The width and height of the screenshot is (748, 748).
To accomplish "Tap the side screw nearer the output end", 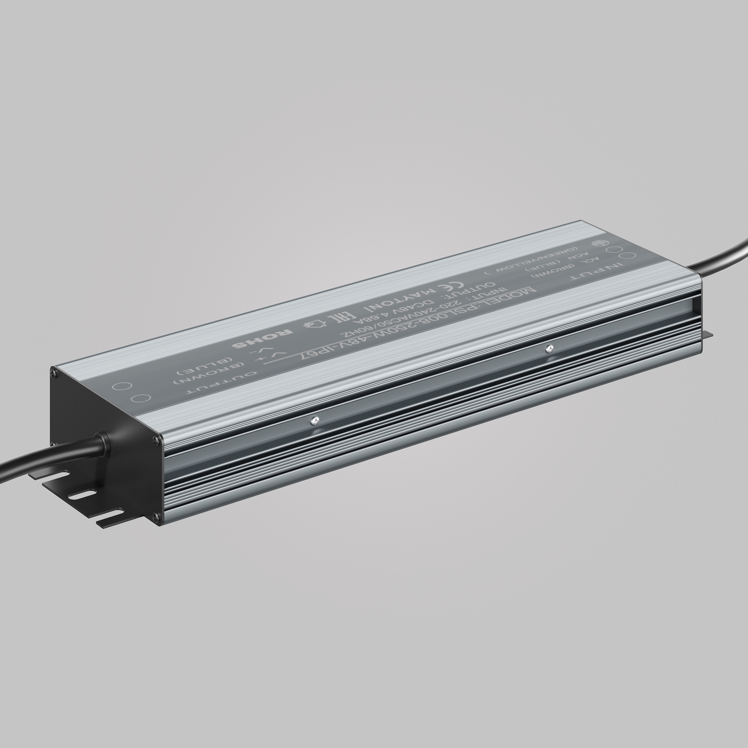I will point(315,420).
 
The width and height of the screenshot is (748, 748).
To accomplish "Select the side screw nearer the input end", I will point(548,349).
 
